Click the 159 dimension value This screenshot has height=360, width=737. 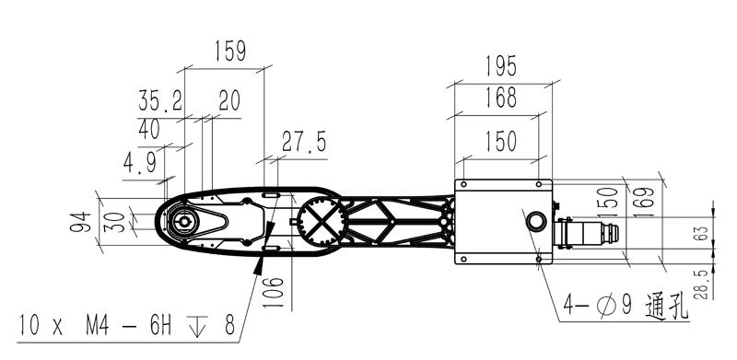click(230, 51)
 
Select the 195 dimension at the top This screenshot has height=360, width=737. click(501, 65)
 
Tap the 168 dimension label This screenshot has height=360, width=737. click(501, 98)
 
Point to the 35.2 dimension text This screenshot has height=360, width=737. click(160, 100)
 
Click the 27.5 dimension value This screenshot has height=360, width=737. click(304, 142)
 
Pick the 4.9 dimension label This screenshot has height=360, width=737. click(140, 164)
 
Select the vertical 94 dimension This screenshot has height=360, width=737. click(80, 222)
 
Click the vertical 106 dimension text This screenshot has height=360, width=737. click(274, 292)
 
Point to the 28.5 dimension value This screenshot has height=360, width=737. click(701, 285)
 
